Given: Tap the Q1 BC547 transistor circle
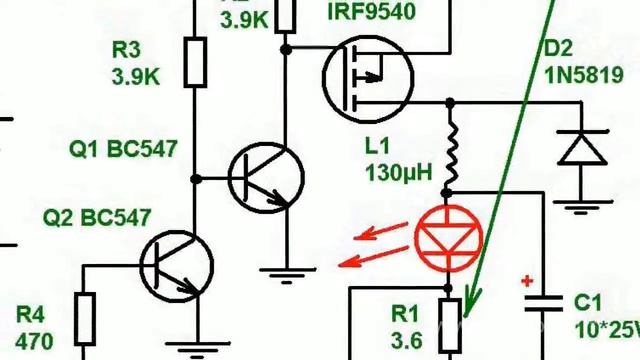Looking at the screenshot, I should point(266,177).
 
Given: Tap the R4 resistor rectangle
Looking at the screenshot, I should point(84,317).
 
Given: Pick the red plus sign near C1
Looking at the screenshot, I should point(527,281).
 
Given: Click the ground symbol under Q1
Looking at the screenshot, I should point(286,268).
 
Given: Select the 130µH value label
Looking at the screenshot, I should point(399,173).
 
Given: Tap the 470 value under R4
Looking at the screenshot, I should point(34,340).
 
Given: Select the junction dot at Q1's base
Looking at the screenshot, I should point(196,178).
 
